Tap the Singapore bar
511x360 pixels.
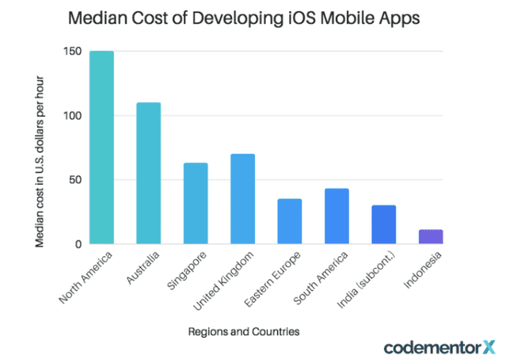[x=195, y=203]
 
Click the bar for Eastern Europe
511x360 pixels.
[x=289, y=221]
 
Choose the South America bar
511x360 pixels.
[x=337, y=216]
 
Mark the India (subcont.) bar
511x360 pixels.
[x=383, y=224]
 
